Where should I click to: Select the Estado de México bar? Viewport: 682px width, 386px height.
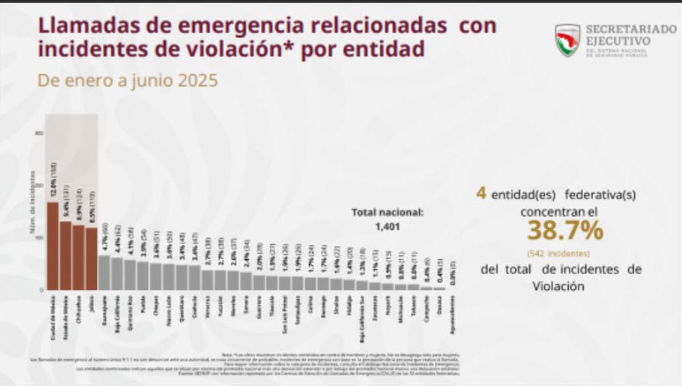click(66, 256)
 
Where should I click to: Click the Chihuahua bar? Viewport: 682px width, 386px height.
click(79, 258)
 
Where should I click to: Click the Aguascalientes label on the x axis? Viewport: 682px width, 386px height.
click(453, 314)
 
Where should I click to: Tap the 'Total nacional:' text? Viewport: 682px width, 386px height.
click(387, 212)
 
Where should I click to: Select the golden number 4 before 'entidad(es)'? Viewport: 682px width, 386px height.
click(481, 194)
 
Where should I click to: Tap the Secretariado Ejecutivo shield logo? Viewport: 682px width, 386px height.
click(567, 40)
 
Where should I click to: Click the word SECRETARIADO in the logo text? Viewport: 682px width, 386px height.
click(618, 30)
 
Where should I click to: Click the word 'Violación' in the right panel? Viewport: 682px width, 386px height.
click(558, 286)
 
